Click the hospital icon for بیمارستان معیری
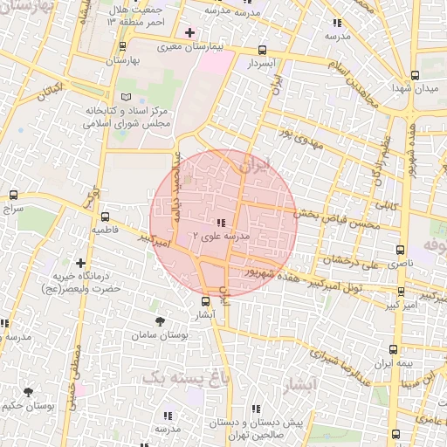tap(189, 32)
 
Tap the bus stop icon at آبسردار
tap(263, 51)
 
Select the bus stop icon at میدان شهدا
tap(415, 75)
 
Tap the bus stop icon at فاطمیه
tap(105, 216)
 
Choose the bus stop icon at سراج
tap(12, 196)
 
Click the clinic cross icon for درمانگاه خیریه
tap(81, 262)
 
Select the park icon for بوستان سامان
tap(158, 321)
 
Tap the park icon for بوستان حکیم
tap(28, 392)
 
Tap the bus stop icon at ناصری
tap(402, 248)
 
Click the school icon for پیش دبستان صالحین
tap(254, 408)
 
